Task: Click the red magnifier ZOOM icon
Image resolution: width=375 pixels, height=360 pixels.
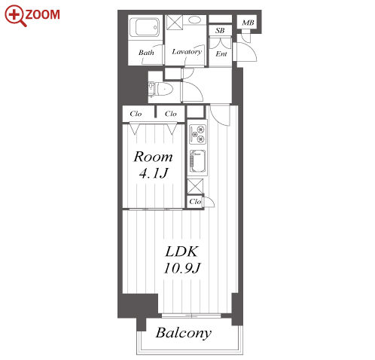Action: (x=32, y=15)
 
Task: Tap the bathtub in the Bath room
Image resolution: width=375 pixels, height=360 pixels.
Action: (x=144, y=27)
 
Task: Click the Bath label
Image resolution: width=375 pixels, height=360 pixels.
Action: (x=146, y=53)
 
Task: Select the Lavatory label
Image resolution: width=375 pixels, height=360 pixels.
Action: (x=187, y=52)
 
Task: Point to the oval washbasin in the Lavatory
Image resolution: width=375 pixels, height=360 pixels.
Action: (x=194, y=20)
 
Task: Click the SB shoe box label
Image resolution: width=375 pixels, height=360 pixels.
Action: (x=220, y=31)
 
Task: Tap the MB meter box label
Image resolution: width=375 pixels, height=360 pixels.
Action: (x=248, y=23)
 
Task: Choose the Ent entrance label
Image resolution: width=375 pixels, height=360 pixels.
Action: (x=221, y=53)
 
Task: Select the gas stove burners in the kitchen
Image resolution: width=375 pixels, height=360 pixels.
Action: (x=197, y=134)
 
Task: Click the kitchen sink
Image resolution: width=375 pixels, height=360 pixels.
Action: (x=197, y=161)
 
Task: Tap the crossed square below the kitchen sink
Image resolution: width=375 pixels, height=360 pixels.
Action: (x=195, y=186)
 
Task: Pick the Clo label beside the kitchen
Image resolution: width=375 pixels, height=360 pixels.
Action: (x=195, y=202)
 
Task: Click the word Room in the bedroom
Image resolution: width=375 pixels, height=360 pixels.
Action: (x=153, y=157)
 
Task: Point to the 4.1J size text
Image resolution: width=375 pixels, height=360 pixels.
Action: (x=154, y=173)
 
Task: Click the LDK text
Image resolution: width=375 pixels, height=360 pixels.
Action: (x=181, y=252)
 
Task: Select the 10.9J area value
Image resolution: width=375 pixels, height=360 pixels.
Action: (x=182, y=268)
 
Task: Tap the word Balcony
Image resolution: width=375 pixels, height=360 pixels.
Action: (x=184, y=333)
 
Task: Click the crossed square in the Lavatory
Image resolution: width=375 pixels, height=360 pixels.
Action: (x=175, y=23)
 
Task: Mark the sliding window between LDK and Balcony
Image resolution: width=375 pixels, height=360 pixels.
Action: (x=191, y=316)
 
